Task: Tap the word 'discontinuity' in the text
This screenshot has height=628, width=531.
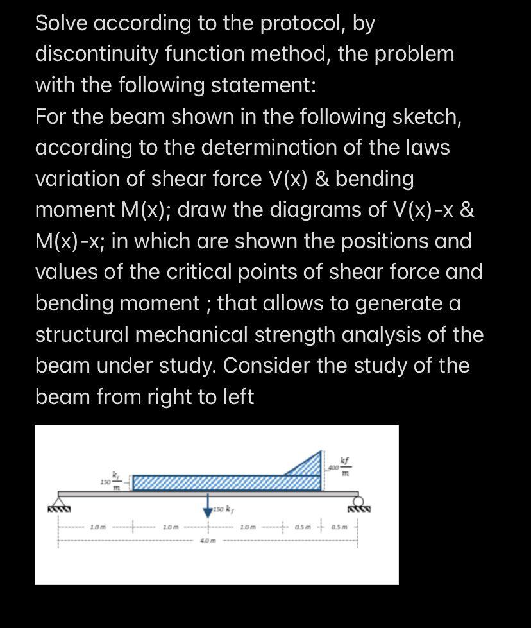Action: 95,55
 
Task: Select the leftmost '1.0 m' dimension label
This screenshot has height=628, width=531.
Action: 97,527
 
